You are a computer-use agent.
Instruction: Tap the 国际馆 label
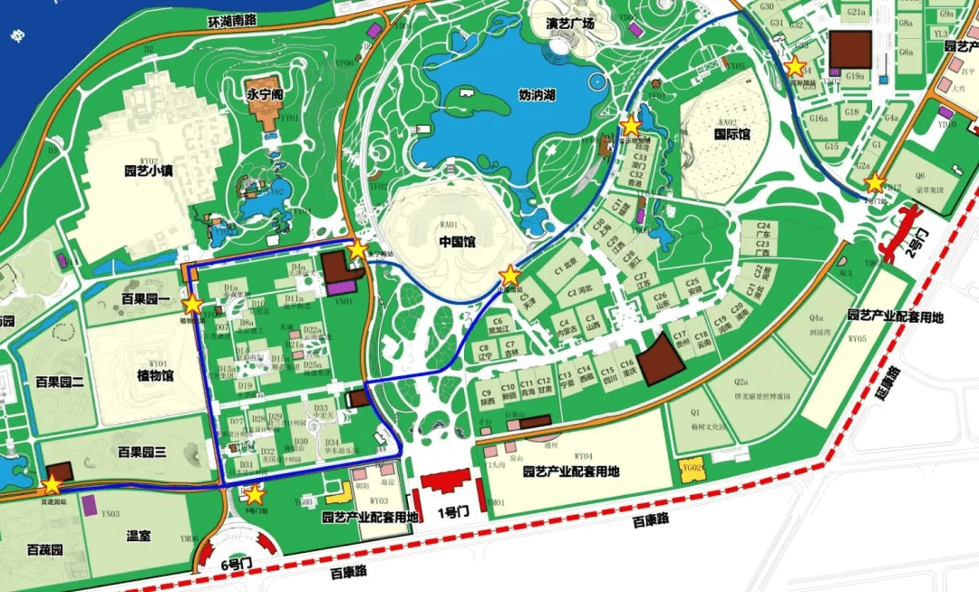click(732, 134)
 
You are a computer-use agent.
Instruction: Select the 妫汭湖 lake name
click(537, 94)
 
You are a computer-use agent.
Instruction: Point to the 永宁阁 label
click(266, 92)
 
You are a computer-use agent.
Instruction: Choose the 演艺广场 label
click(570, 24)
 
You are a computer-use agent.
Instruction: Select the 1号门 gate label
click(451, 512)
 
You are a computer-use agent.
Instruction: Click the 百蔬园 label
click(44, 550)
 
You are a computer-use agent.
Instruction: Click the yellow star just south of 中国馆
click(510, 275)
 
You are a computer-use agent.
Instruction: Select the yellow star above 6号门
click(255, 494)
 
